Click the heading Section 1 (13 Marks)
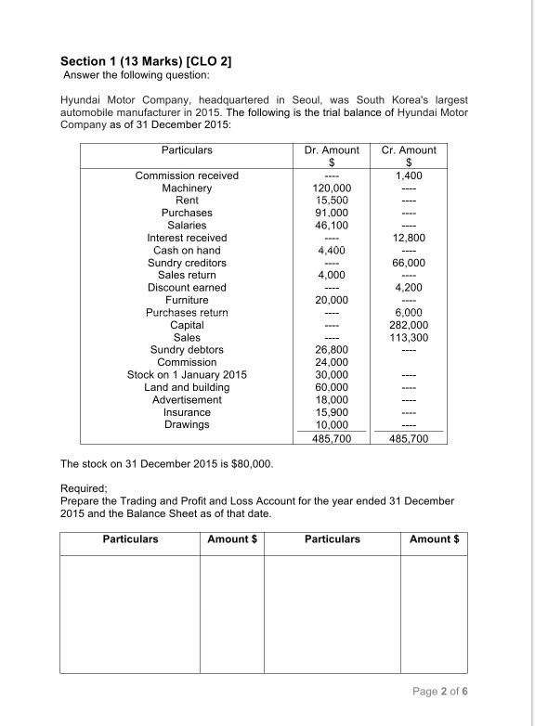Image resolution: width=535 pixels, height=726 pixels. pyautogui.click(x=146, y=61)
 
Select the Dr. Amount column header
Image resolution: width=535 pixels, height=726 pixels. pyautogui.click(x=332, y=149)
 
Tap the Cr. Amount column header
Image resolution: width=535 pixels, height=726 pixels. pyautogui.click(x=410, y=149)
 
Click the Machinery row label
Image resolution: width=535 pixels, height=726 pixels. pyautogui.click(x=187, y=188)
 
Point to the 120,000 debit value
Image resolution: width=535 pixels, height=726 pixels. pyautogui.click(x=332, y=188)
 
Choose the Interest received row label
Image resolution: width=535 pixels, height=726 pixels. pyautogui.click(x=187, y=238)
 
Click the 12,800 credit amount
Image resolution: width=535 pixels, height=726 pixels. pyautogui.click(x=410, y=238)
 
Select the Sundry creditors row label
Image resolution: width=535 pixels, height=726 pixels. pyautogui.click(x=187, y=263)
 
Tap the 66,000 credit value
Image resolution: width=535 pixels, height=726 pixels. pyautogui.click(x=410, y=263)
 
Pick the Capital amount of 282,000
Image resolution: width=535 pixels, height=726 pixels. pyautogui.click(x=410, y=325)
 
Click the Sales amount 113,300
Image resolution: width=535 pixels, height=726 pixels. pyautogui.click(x=410, y=338)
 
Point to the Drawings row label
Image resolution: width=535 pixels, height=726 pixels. pyautogui.click(x=187, y=424)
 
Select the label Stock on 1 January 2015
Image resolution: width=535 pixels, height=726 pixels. pyautogui.click(x=187, y=375)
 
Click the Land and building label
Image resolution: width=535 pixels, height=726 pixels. pyautogui.click(x=187, y=387)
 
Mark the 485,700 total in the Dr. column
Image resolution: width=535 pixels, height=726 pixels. pyautogui.click(x=332, y=438)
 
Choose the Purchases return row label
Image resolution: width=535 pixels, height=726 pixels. pyautogui.click(x=187, y=313)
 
